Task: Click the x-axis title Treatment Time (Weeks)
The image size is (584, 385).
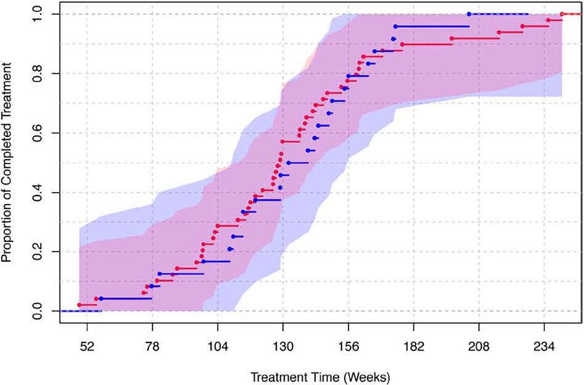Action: point(320,375)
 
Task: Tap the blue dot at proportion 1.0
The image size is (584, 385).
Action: point(469,14)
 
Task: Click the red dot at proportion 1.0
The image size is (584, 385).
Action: point(562,14)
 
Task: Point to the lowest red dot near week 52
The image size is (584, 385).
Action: point(79,305)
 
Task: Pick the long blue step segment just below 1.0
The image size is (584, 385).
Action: point(432,27)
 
